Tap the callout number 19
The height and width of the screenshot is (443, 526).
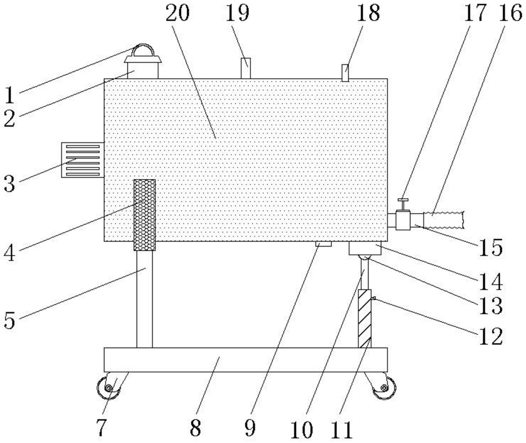point(239,14)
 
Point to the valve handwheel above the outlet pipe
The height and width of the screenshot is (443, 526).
point(403,201)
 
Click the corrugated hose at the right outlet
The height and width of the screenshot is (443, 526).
point(443,219)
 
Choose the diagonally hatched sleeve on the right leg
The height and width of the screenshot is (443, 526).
point(364,318)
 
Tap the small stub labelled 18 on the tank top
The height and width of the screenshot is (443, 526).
point(345,73)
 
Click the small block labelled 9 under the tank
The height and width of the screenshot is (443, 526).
point(324,244)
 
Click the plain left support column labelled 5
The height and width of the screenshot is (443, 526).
point(144,298)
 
